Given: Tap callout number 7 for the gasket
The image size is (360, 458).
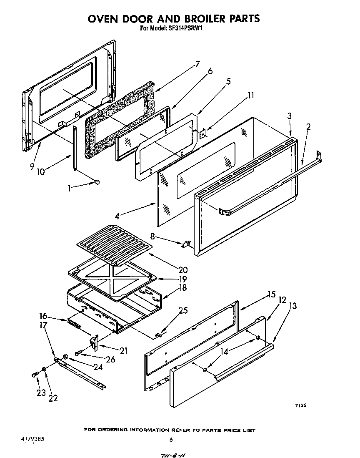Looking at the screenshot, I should click(197, 64).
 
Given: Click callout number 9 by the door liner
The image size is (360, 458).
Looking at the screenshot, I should click(32, 166).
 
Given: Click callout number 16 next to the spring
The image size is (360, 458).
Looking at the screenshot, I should click(43, 316).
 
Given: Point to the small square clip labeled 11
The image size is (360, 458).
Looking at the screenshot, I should click(202, 133).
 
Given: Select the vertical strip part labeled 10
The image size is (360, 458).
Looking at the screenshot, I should click(75, 148).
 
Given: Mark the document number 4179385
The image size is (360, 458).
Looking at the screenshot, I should click(32, 439).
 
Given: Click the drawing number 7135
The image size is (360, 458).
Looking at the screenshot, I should click(300, 405).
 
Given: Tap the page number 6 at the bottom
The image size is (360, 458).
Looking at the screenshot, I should click(171, 440).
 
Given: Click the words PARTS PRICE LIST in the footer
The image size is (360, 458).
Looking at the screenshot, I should click(229, 430).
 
